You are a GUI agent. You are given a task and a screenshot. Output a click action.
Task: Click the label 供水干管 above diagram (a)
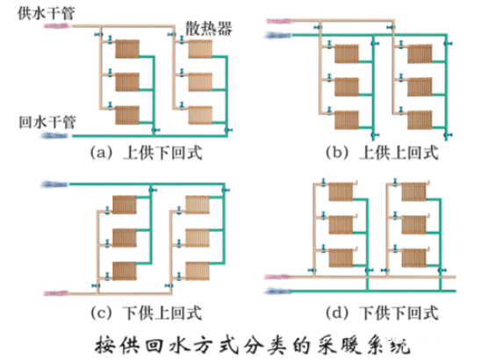(47, 13)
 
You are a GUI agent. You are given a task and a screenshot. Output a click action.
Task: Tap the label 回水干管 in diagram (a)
(47, 122)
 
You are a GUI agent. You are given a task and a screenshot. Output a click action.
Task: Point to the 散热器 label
(208, 29)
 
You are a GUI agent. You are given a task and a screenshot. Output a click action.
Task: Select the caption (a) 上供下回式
(146, 153)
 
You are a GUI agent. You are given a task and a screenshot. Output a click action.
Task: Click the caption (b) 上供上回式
(382, 153)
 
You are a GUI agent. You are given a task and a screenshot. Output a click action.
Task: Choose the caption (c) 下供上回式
(146, 313)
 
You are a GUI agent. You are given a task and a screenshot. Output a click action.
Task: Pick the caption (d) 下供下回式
(382, 313)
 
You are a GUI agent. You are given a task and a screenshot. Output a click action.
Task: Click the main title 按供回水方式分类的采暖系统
(252, 345)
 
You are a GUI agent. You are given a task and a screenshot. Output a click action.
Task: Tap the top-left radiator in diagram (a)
(127, 48)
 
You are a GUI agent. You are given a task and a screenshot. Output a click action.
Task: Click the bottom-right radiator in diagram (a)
(200, 115)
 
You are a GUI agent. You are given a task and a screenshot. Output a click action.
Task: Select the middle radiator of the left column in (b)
(347, 87)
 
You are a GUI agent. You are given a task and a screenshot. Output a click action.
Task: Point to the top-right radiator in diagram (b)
(420, 54)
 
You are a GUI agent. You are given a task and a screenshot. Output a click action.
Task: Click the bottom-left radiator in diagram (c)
(125, 271)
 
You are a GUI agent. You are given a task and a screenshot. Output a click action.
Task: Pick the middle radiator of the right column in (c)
(198, 238)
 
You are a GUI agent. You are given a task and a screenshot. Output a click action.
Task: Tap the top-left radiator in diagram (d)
(341, 191)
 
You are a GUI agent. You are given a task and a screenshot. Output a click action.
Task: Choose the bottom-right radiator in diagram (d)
(414, 258)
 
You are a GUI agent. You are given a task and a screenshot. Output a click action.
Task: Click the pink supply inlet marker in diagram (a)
(56, 26)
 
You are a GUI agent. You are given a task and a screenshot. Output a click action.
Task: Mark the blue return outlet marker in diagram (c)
(54, 184)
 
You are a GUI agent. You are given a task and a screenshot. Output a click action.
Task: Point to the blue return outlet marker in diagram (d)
(278, 291)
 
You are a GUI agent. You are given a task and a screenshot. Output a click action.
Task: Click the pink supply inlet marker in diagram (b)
(279, 21)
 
